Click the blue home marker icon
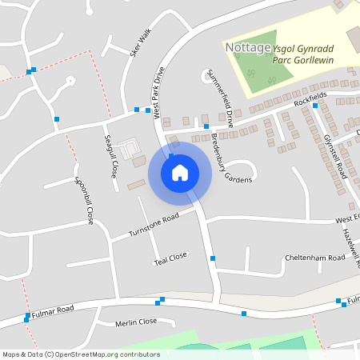tap(180, 172)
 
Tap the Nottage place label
tap(247, 48)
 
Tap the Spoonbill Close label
tap(84, 200)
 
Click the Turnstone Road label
tap(154, 226)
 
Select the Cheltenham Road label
tap(314, 258)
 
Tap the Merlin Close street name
tap(135, 322)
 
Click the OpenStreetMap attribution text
tap(81, 354)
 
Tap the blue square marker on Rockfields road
tap(206, 126)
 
